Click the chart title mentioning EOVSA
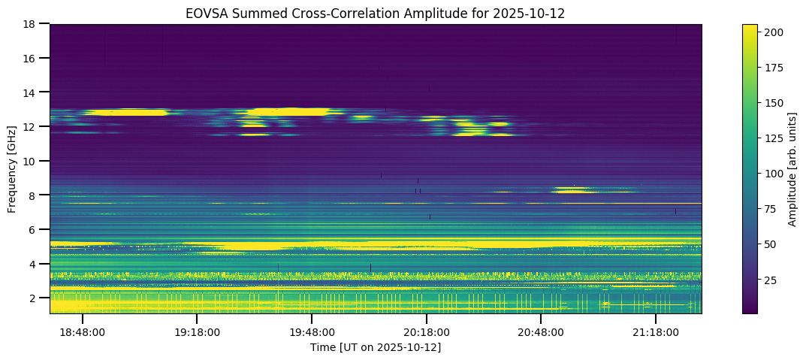click(x=375, y=13)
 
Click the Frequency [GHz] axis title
click(x=13, y=169)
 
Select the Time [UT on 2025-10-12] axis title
click(x=376, y=347)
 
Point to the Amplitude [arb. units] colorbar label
click(x=792, y=169)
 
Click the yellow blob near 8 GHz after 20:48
click(x=572, y=191)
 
